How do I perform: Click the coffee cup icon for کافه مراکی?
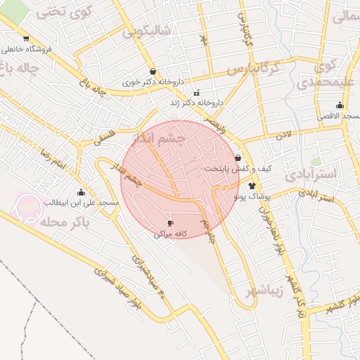click(x=169, y=223)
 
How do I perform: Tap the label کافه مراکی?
click(x=169, y=234)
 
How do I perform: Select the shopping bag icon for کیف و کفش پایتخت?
click(x=238, y=158)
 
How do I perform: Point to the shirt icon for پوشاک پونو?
click(x=252, y=186)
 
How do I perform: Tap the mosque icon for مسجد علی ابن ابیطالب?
click(x=81, y=192)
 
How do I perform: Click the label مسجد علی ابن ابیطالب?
click(x=82, y=202)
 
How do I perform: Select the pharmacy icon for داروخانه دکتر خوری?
click(x=153, y=71)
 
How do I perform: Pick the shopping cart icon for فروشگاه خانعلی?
click(x=26, y=39)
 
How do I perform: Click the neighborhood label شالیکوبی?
click(x=146, y=31)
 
